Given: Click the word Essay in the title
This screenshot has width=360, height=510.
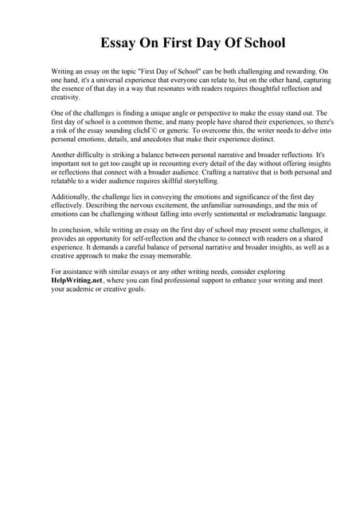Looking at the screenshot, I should pos(119,42).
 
